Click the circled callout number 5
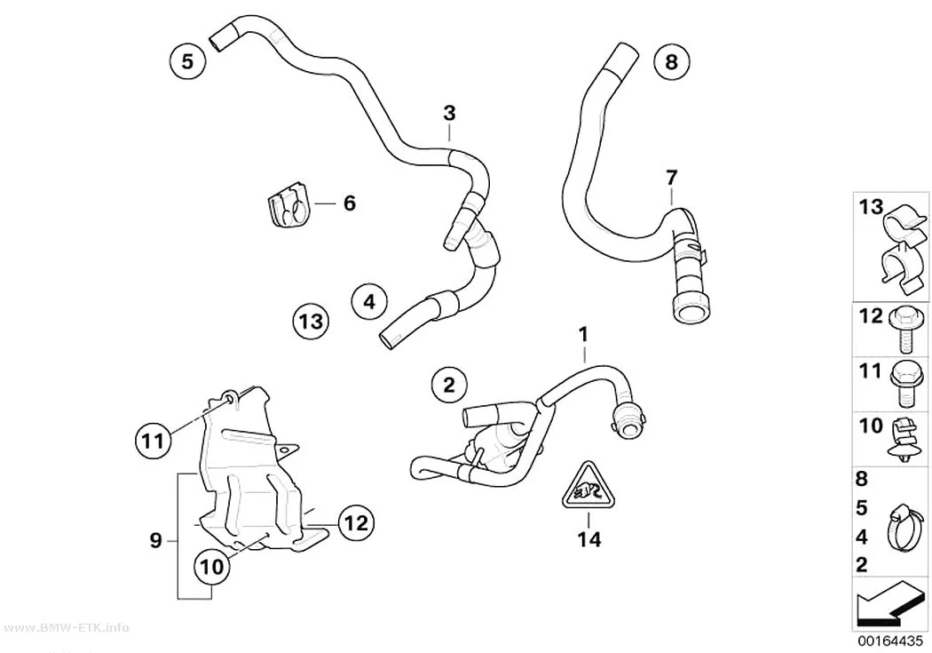pos(187,61)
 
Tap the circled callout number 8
pos(671,61)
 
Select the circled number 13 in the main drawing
pos(312,321)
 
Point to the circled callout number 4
pos(369,301)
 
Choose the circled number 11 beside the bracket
pos(153,441)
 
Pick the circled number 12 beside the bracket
pos(357,522)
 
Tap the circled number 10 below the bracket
pos(211,566)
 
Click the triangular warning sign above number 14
pos(588,486)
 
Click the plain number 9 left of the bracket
pos(155,540)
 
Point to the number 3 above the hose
pos(449,113)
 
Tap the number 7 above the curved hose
pos(671,177)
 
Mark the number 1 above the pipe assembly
pos(584,334)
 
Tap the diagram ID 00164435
pos(890,641)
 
